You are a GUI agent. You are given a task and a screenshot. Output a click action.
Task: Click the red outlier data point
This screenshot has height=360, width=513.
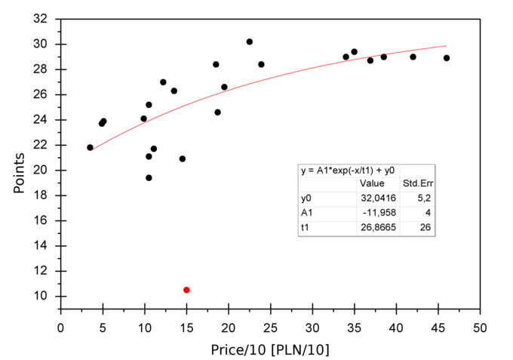click(186, 290)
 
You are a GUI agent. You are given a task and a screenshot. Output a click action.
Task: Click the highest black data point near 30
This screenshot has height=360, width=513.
click(249, 42)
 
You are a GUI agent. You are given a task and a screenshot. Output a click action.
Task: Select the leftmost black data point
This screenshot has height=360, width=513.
click(90, 148)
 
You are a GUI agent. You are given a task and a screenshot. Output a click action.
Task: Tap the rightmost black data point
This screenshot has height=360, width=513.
click(447, 58)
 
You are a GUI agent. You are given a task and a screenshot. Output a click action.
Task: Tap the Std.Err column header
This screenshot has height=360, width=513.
click(417, 183)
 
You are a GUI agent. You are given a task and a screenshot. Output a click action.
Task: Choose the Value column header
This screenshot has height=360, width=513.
click(372, 183)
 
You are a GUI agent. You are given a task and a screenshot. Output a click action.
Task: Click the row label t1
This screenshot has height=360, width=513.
click(306, 227)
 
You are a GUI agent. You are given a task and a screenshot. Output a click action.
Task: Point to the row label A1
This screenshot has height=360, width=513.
click(306, 212)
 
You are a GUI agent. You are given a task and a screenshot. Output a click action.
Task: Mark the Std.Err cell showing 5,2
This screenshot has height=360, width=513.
click(425, 198)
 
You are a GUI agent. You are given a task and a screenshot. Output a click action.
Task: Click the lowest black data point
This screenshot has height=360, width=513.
click(149, 178)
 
